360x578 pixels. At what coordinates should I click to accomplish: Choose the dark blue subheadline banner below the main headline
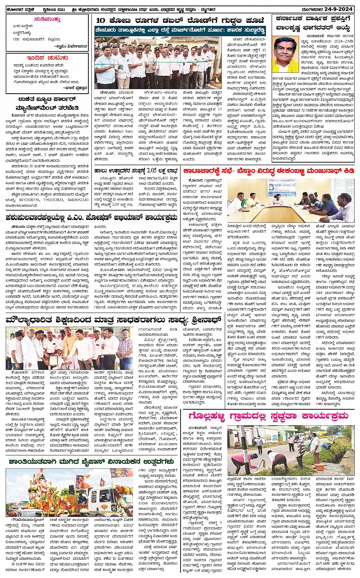coord(180,30)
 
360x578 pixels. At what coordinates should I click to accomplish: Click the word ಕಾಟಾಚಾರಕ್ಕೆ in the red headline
coord(203,171)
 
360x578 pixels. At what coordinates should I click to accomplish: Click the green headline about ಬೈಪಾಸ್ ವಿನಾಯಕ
coord(91,461)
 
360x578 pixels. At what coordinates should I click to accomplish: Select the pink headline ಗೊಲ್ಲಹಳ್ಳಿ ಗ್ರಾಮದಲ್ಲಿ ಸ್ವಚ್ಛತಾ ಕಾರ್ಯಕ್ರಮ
coord(268,416)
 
